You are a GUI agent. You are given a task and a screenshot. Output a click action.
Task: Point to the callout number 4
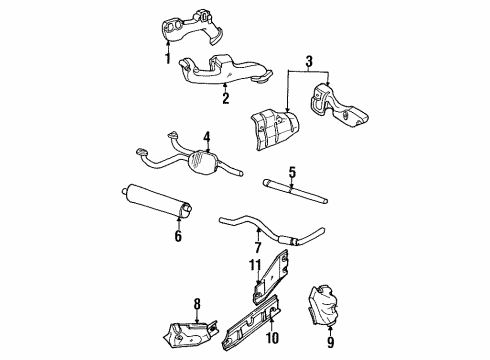[x=205, y=137]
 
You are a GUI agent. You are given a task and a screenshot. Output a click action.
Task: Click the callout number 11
[x=254, y=265]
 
